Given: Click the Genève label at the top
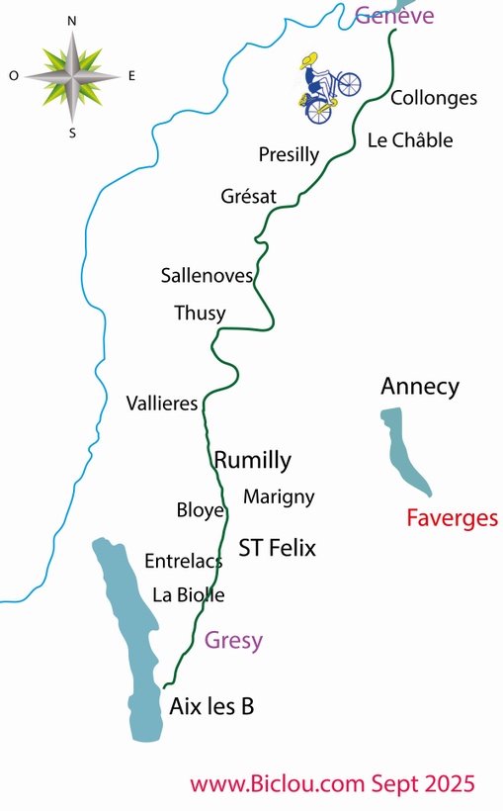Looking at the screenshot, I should [x=394, y=15].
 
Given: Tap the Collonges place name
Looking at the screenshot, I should [x=434, y=98].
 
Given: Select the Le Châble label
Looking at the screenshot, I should [x=409, y=140].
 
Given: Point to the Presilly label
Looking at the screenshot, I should [x=289, y=154].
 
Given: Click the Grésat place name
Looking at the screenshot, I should [x=248, y=197].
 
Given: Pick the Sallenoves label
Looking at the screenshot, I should [x=207, y=276].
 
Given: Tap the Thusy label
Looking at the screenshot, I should [x=200, y=314].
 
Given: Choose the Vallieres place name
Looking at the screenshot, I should [x=162, y=404].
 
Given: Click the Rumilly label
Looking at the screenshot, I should [x=253, y=460].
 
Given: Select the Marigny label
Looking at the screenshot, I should [x=278, y=496].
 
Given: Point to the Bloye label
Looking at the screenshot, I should [x=201, y=510].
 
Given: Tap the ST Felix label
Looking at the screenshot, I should [x=277, y=548].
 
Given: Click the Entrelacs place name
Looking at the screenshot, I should [x=183, y=561].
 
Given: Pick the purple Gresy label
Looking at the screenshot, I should [x=233, y=640].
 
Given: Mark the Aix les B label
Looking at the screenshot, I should [x=211, y=706].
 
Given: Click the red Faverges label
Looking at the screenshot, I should [x=453, y=518].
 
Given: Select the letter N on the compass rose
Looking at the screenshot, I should [x=72, y=20].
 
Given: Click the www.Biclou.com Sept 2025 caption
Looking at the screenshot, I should [x=332, y=784].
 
